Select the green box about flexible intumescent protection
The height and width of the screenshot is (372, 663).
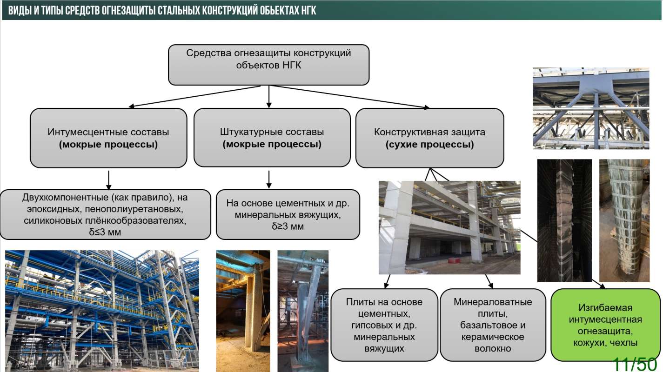(605, 325)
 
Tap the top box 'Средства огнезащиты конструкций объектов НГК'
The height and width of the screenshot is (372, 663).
(268, 65)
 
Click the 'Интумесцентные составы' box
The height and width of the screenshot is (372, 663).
(108, 138)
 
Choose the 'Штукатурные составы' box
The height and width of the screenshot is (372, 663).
(272, 138)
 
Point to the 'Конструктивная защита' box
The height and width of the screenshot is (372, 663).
(429, 138)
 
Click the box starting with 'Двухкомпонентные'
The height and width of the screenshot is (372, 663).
(105, 214)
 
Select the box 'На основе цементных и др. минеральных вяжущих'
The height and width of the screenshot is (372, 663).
(288, 214)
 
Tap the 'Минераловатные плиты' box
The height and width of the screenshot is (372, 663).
(492, 325)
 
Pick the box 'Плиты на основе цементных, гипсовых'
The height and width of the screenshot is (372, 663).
(384, 325)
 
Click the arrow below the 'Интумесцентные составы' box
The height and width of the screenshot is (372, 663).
(108, 179)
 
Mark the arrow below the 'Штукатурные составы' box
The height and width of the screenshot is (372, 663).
(269, 179)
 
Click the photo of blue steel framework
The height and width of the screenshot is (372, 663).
(102, 311)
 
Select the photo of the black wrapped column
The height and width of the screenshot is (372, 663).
(564, 220)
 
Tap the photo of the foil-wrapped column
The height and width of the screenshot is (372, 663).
(624, 220)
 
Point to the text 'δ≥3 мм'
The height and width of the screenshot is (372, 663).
(288, 227)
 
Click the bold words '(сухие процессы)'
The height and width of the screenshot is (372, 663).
(429, 145)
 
